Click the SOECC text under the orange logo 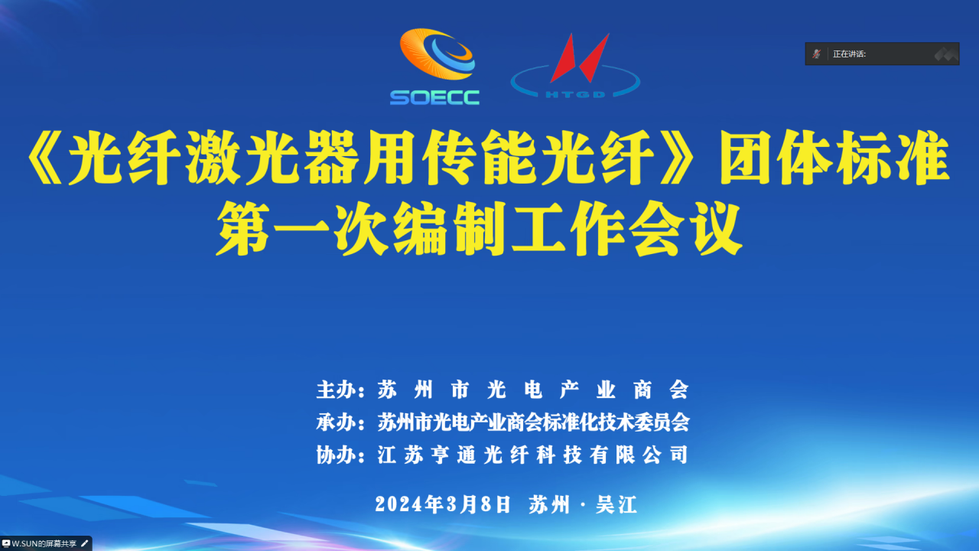coord(434,97)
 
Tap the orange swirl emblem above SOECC coord(437,54)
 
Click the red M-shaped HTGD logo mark coord(580,58)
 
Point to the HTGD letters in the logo coord(575,94)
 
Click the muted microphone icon coord(816,54)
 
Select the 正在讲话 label coord(849,54)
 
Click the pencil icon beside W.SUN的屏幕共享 coord(85,543)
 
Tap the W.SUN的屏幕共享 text coord(44,543)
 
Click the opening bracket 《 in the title coord(44,157)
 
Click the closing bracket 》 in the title coord(677,157)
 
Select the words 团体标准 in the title coord(834,157)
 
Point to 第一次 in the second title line coord(302,228)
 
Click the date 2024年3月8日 coord(443,504)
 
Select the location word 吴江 coord(616,504)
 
